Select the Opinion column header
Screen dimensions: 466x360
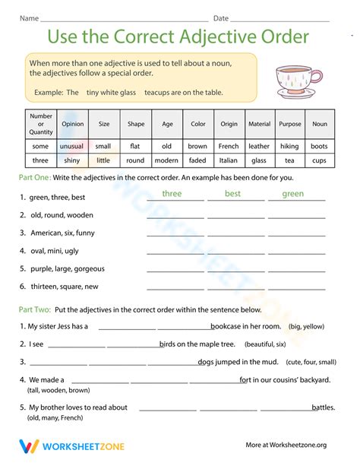tap(73, 124)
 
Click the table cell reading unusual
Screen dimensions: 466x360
tap(73, 146)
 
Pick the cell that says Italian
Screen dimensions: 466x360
tap(229, 160)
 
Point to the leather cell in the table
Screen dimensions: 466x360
tap(259, 146)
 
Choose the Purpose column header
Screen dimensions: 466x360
tap(289, 124)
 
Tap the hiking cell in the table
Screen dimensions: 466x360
tap(289, 146)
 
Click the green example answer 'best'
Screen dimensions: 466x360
tap(233, 194)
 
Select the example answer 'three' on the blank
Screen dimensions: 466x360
tap(172, 194)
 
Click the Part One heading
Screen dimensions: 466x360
tap(36, 177)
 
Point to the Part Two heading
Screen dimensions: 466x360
tap(36, 309)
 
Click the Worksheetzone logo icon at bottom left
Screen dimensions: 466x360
tap(29, 446)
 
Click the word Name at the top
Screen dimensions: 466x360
tap(29, 17)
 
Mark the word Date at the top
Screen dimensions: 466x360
tap(221, 17)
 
